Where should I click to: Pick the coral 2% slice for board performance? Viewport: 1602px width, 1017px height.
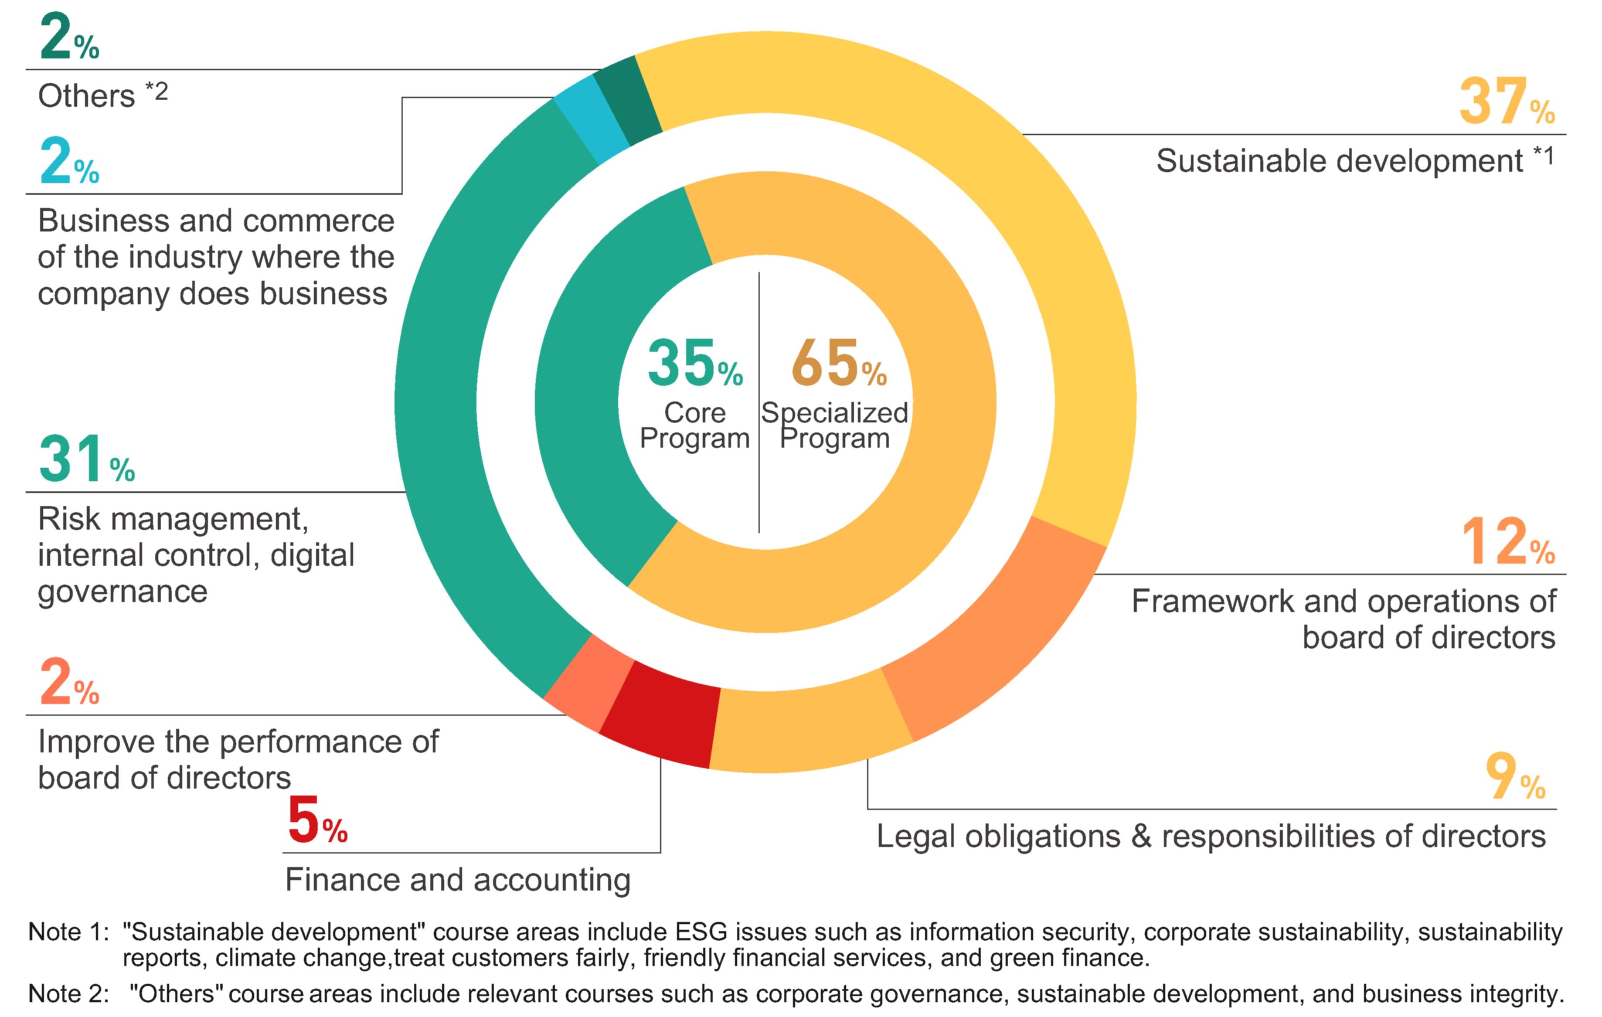pyautogui.click(x=587, y=682)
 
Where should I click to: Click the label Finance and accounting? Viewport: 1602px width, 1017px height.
pyautogui.click(x=458, y=880)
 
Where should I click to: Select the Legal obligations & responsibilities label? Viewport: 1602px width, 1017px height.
pyautogui.click(x=1211, y=836)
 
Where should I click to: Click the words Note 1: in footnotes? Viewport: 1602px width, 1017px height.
pyautogui.click(x=68, y=932)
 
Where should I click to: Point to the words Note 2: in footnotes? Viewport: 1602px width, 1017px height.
pyautogui.click(x=68, y=994)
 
